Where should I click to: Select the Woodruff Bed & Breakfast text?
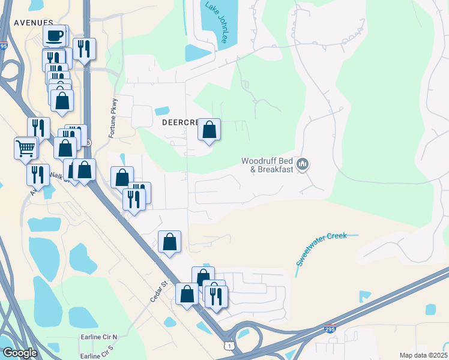[267, 165]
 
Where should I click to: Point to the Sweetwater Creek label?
[322, 249]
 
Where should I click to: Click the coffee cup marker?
[55, 36]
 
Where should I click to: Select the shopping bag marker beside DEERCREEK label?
[209, 130]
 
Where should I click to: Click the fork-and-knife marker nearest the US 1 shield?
[216, 295]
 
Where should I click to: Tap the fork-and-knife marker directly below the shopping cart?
[37, 175]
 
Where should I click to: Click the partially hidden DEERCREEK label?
[179, 122]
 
